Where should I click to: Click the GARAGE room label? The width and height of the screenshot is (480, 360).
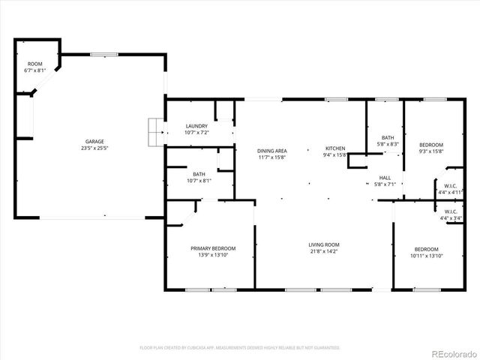(94, 142)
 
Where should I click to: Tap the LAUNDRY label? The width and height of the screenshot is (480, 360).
(196, 126)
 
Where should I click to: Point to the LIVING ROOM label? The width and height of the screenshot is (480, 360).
(324, 244)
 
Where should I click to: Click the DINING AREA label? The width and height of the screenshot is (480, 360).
(272, 150)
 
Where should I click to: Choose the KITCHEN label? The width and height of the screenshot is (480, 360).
(334, 148)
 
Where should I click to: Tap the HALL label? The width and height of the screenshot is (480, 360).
(384, 178)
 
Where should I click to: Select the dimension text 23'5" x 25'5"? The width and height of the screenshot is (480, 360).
(94, 148)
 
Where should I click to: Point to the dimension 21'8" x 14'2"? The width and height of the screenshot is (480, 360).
(324, 252)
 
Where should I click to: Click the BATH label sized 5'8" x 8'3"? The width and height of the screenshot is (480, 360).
(388, 137)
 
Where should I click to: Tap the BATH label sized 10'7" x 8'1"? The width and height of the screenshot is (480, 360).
(199, 174)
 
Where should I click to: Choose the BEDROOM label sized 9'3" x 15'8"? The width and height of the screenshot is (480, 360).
(431, 145)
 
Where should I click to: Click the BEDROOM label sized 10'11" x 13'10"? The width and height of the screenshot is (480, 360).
(427, 249)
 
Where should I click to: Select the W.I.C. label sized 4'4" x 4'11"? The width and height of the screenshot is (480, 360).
(450, 186)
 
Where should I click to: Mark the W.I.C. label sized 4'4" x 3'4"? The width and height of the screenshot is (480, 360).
(450, 211)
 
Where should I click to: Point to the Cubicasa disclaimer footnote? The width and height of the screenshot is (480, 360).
(240, 348)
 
